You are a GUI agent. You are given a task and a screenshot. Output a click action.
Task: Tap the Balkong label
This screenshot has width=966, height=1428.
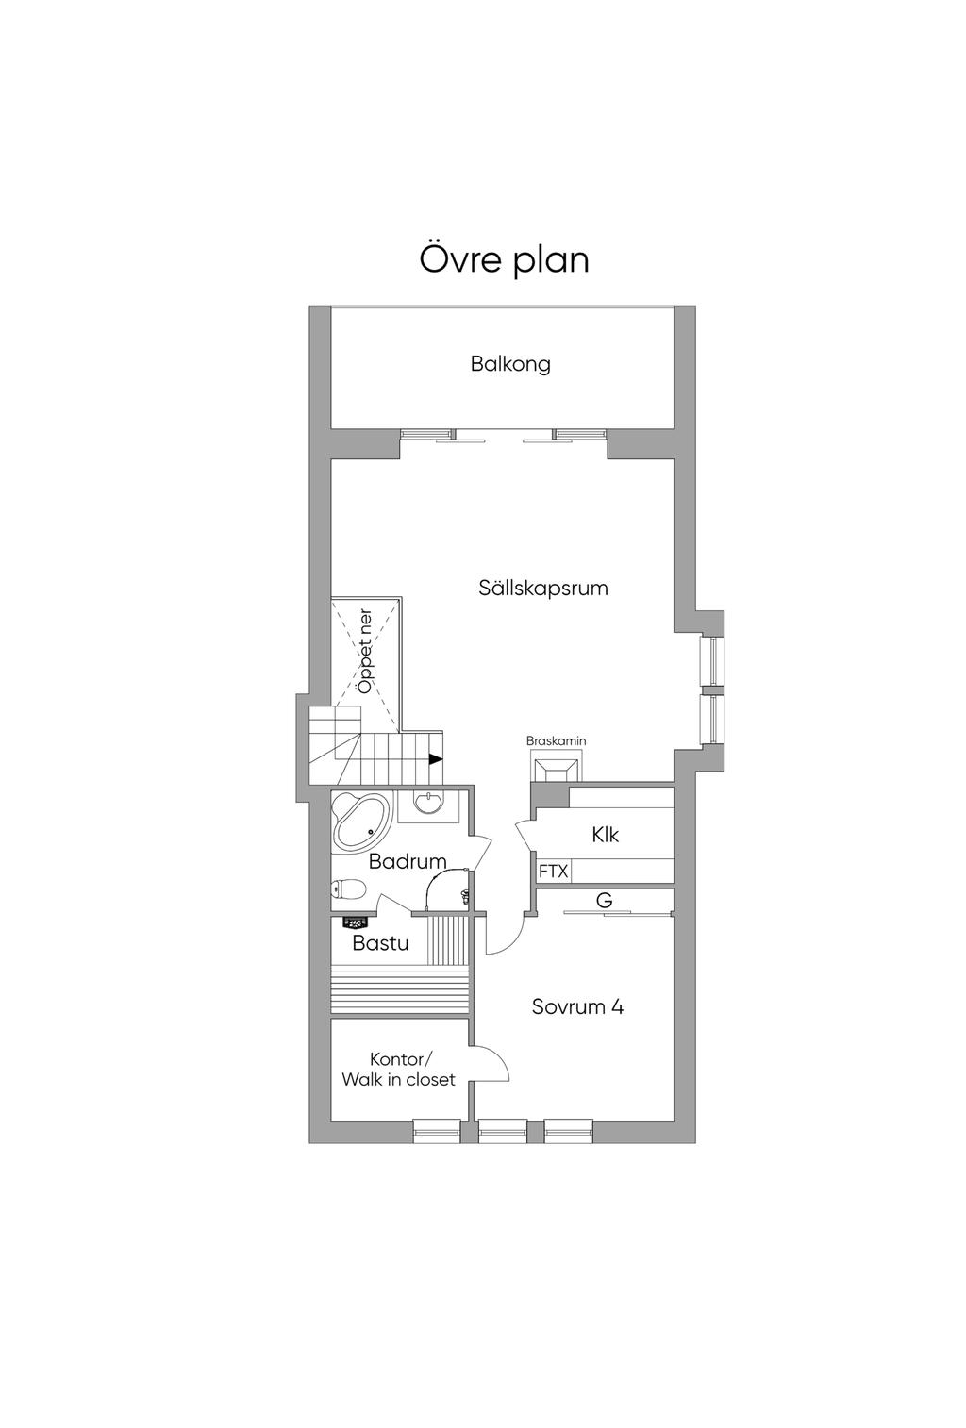tap(510, 364)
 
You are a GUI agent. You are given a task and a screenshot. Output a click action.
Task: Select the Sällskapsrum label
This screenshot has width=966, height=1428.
tap(543, 588)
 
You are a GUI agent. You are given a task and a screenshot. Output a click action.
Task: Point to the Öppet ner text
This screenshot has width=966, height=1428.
tap(365, 651)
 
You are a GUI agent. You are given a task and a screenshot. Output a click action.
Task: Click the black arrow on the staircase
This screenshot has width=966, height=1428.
tap(436, 758)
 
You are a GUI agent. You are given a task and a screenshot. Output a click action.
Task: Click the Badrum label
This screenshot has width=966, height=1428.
tap(408, 862)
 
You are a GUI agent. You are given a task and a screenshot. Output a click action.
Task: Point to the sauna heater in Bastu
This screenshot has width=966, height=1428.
tap(355, 922)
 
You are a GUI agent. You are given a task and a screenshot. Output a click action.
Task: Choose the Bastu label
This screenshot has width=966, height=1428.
tap(380, 943)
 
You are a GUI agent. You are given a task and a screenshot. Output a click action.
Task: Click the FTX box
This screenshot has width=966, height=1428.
tap(553, 871)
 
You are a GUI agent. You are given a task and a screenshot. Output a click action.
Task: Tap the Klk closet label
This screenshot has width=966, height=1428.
tap(605, 835)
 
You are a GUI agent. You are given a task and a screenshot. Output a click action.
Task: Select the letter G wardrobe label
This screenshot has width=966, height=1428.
tap(604, 900)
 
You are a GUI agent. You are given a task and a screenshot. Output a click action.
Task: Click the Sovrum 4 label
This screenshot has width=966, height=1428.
tap(577, 1006)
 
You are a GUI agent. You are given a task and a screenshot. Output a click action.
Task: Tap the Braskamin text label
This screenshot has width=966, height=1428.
tap(556, 740)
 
